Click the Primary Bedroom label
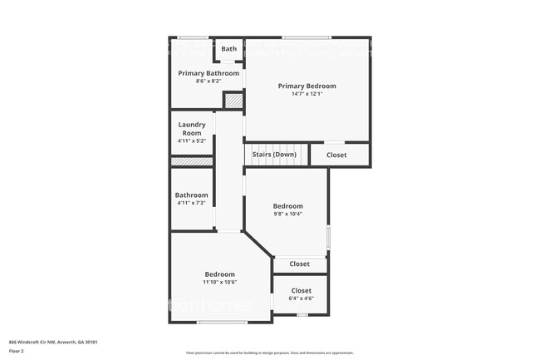[x=307, y=86]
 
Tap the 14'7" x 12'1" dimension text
[x=307, y=94]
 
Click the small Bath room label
[x=228, y=49]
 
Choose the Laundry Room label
[x=192, y=129]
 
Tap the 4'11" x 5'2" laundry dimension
[x=192, y=141]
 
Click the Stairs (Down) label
[x=274, y=155]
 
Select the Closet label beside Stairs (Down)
[x=336, y=155]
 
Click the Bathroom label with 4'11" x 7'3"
[x=191, y=195]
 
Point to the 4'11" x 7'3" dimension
[x=191, y=204]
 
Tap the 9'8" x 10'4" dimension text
[x=288, y=215]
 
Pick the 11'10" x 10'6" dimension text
[x=220, y=283]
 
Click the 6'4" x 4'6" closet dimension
[x=301, y=299]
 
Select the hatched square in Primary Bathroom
[x=233, y=100]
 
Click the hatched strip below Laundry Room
[x=192, y=161]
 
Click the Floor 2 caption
[x=17, y=352]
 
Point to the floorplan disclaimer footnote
[x=270, y=353]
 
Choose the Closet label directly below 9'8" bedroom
[x=299, y=264]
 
